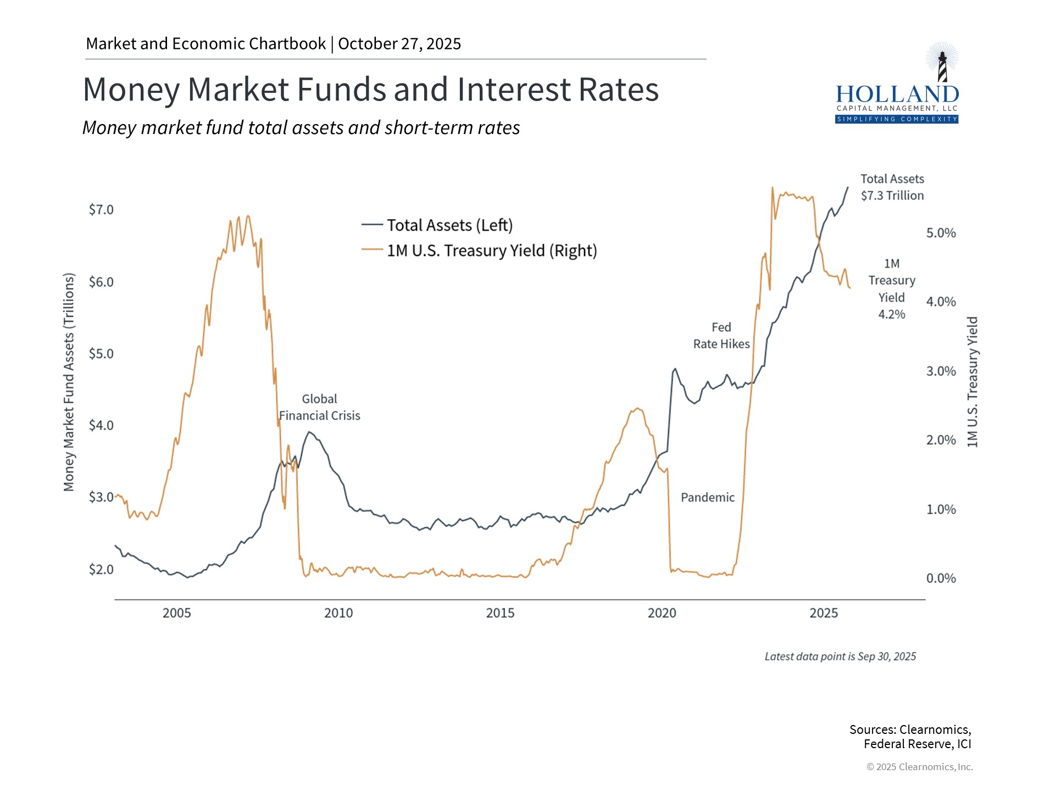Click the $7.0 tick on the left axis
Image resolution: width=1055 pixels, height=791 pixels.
[x=101, y=210]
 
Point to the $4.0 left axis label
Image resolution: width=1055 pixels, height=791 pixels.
[x=101, y=425]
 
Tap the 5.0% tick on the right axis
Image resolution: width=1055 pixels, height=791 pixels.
[x=941, y=233]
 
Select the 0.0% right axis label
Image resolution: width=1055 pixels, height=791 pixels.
[x=941, y=578]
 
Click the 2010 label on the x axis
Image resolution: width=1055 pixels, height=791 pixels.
[x=338, y=613]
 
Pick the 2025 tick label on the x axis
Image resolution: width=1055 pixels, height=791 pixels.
[x=824, y=613]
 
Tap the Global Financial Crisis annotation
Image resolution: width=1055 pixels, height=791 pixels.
[x=319, y=408]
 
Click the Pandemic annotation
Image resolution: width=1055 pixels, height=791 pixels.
[x=707, y=498]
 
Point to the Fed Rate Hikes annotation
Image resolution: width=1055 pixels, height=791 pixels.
[x=721, y=336]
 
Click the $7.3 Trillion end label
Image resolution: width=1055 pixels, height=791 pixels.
[x=892, y=196]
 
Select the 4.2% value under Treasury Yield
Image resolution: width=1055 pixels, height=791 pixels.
[x=891, y=314]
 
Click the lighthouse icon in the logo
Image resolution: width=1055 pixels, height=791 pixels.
[x=942, y=65]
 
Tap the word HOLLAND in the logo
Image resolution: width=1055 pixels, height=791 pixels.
[x=897, y=94]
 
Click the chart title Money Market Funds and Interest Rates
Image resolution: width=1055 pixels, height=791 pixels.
[x=370, y=90]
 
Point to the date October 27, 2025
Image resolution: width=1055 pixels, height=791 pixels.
[x=399, y=44]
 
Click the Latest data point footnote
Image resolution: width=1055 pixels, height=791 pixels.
[x=840, y=656]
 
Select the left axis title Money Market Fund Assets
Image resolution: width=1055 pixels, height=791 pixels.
[x=69, y=382]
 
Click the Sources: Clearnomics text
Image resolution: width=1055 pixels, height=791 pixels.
[x=910, y=729]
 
